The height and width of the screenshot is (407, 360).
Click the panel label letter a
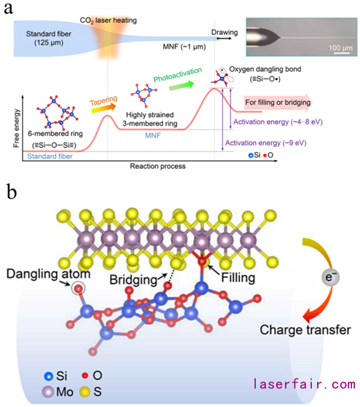(x=8, y=9)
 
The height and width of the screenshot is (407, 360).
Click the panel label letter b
(x=11, y=191)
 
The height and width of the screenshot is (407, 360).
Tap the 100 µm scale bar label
(x=340, y=48)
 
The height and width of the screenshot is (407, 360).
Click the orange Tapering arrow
(x=103, y=108)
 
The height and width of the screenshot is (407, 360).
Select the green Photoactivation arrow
(x=181, y=85)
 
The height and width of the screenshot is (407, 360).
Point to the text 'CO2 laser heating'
(x=109, y=20)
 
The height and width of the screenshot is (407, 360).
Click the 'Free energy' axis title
(x=16, y=128)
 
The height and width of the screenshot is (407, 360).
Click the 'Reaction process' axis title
(x=157, y=166)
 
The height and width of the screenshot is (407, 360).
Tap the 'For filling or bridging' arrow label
(x=278, y=103)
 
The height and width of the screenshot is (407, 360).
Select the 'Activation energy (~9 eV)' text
(x=266, y=143)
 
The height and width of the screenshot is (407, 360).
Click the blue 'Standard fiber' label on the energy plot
(x=50, y=157)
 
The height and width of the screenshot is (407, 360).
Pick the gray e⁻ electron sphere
(x=330, y=277)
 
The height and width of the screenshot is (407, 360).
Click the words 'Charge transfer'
(x=305, y=330)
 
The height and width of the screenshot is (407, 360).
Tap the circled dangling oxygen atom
(x=79, y=288)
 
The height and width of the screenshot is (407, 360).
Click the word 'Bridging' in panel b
(x=133, y=280)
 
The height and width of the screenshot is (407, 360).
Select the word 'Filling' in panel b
(x=238, y=277)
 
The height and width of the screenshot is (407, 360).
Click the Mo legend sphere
(x=48, y=392)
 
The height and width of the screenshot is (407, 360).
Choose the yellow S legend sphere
(x=85, y=392)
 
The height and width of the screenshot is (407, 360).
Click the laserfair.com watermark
(x=305, y=384)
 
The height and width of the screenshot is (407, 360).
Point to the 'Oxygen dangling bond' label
(x=265, y=69)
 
